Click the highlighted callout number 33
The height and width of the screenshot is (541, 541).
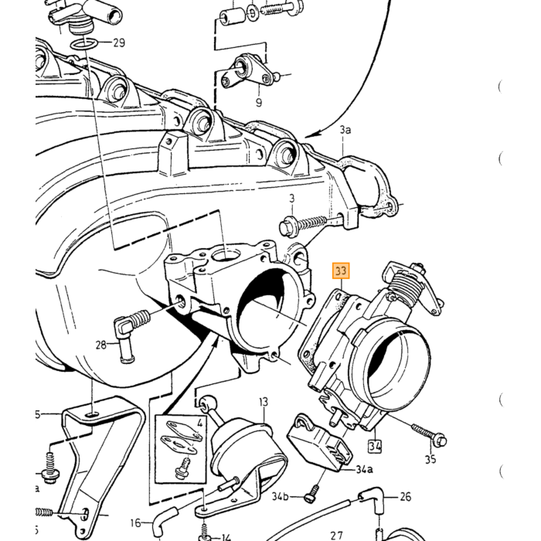[341, 270]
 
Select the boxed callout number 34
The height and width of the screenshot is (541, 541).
[375, 447]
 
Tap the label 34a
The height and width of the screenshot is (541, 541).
[364, 469]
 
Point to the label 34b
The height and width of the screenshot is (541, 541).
[280, 496]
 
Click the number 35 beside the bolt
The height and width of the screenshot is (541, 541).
[430, 459]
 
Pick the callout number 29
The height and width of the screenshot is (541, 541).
[119, 43]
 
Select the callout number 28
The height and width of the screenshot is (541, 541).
[100, 345]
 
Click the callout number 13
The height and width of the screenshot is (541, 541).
[264, 402]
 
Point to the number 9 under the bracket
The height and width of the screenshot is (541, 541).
[259, 102]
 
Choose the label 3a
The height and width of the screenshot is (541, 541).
[345, 130]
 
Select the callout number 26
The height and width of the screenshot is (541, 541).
[406, 496]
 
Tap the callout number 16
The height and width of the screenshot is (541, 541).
[135, 523]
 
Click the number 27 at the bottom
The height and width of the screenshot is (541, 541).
[336, 536]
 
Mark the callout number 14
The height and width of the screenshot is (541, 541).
[226, 537]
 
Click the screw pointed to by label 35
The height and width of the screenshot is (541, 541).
[429, 434]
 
